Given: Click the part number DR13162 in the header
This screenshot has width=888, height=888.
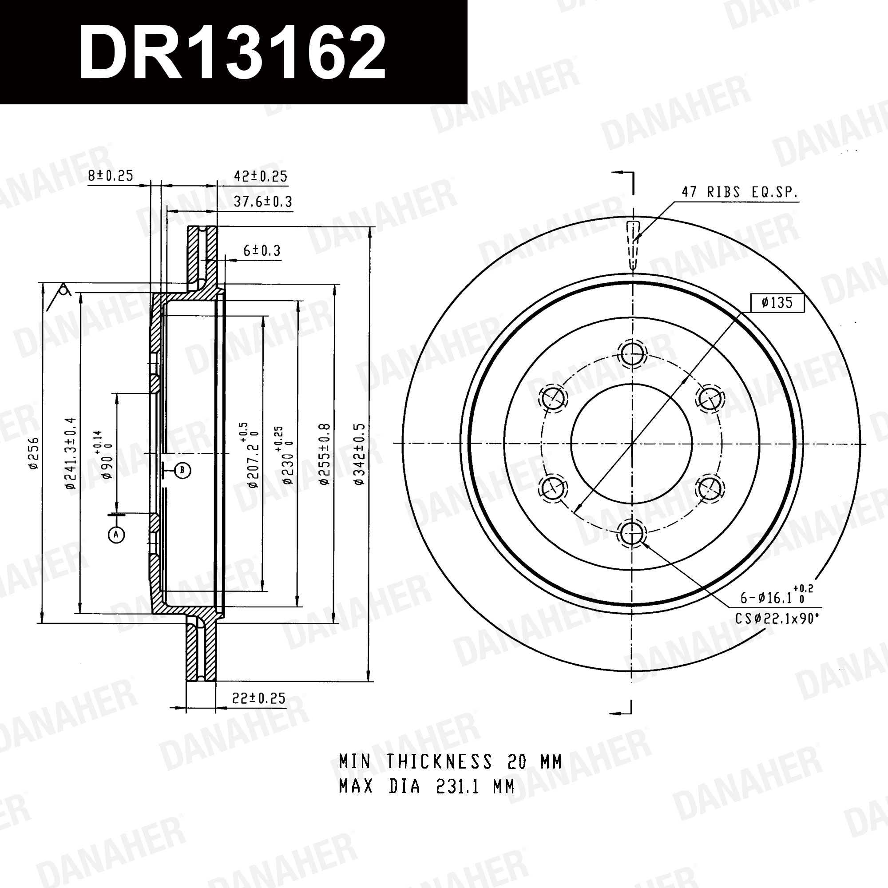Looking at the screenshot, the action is pos(232,53).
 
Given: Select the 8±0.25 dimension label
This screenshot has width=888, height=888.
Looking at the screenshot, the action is pos(110,175).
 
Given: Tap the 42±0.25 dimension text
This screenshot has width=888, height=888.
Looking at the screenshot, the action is pos(261,176).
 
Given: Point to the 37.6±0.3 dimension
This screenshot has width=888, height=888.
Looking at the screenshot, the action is pos(263,201).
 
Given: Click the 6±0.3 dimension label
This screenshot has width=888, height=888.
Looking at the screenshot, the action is pos(262,250).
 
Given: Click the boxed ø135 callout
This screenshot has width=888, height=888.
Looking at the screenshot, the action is pos(777,302).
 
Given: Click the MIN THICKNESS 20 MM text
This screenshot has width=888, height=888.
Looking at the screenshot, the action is pos(450,761).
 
